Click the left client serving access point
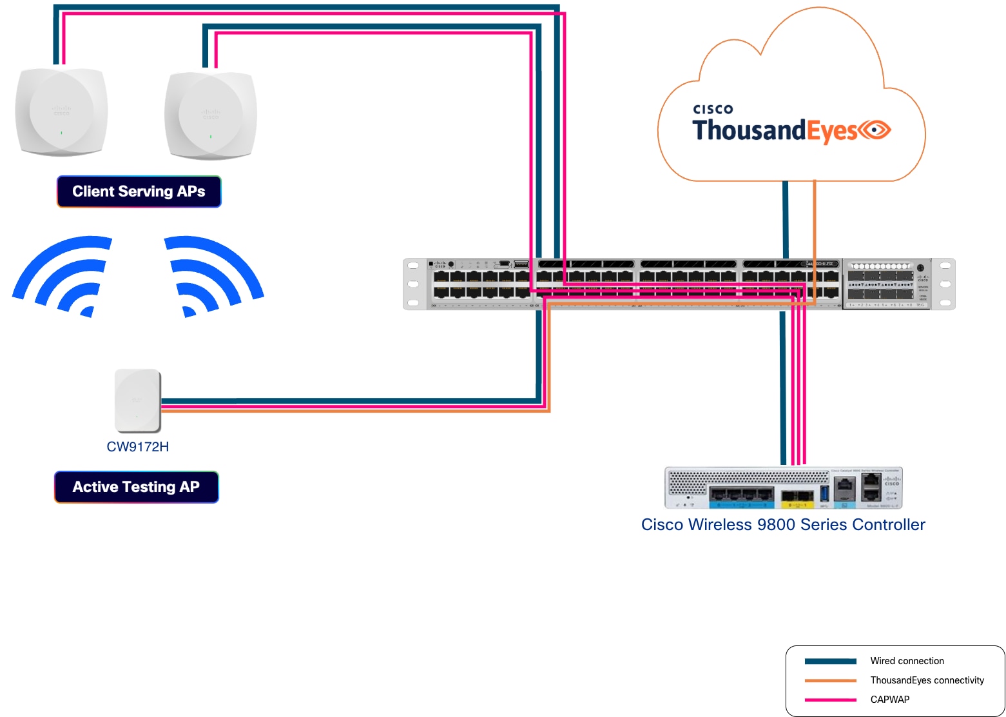click(x=61, y=112)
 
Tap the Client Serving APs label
click(x=139, y=192)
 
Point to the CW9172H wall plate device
click(x=137, y=400)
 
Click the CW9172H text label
click(x=137, y=447)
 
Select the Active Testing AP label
click(x=136, y=487)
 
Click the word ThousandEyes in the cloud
click(x=773, y=131)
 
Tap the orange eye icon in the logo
click(x=874, y=130)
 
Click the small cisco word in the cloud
click(x=713, y=110)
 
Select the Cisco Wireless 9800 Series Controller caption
click(x=782, y=525)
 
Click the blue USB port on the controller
click(x=824, y=494)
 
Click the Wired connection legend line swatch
click(x=830, y=661)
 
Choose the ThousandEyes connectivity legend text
click(x=927, y=680)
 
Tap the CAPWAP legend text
click(x=889, y=700)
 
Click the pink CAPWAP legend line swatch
click(x=830, y=700)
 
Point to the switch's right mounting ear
click(x=945, y=284)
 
